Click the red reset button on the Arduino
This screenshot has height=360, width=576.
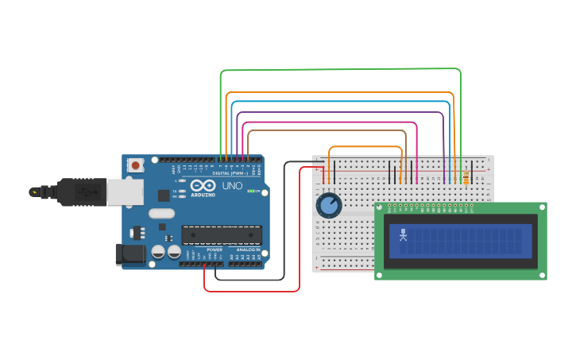click(x=136, y=165)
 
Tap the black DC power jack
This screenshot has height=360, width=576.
click(x=130, y=254)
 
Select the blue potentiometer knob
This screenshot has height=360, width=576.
click(x=328, y=206)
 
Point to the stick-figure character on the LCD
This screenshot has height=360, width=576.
click(x=403, y=235)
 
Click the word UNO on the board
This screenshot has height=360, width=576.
click(x=232, y=186)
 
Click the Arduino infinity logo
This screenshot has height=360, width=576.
click(x=203, y=185)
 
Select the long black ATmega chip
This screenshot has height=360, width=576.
click(x=222, y=234)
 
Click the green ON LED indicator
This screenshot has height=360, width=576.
click(x=250, y=191)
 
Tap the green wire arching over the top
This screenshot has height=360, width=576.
click(x=342, y=70)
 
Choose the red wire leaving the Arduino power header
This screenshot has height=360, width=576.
click(x=254, y=291)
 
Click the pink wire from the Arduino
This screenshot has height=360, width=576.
click(x=326, y=123)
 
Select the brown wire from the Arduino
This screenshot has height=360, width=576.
click(x=326, y=131)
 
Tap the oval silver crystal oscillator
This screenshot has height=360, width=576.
click(x=161, y=213)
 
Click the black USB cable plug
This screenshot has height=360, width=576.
click(x=79, y=192)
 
